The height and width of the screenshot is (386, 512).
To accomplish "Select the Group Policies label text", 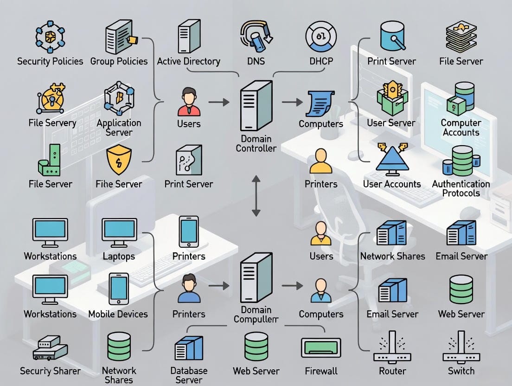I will (x=119, y=61).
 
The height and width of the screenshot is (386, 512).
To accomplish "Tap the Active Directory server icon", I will (x=189, y=36).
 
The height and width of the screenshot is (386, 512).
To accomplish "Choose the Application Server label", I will (x=119, y=128).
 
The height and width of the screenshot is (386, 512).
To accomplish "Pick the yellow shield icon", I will (x=119, y=161).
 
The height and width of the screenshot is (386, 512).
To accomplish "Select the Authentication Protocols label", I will (x=461, y=188).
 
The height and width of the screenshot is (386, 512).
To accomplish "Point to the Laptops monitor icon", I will (x=119, y=232).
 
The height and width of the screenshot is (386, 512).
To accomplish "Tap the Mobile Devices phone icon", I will (x=119, y=288).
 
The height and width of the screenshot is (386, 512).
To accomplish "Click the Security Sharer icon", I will (x=49, y=347).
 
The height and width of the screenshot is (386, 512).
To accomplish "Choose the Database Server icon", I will (x=189, y=348).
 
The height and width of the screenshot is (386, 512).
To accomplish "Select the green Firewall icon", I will (x=321, y=347).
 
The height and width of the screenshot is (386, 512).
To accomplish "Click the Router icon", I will (x=392, y=347).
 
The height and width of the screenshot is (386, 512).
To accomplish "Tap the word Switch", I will (x=461, y=371).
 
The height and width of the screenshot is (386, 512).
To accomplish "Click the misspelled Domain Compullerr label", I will (x=256, y=314).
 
